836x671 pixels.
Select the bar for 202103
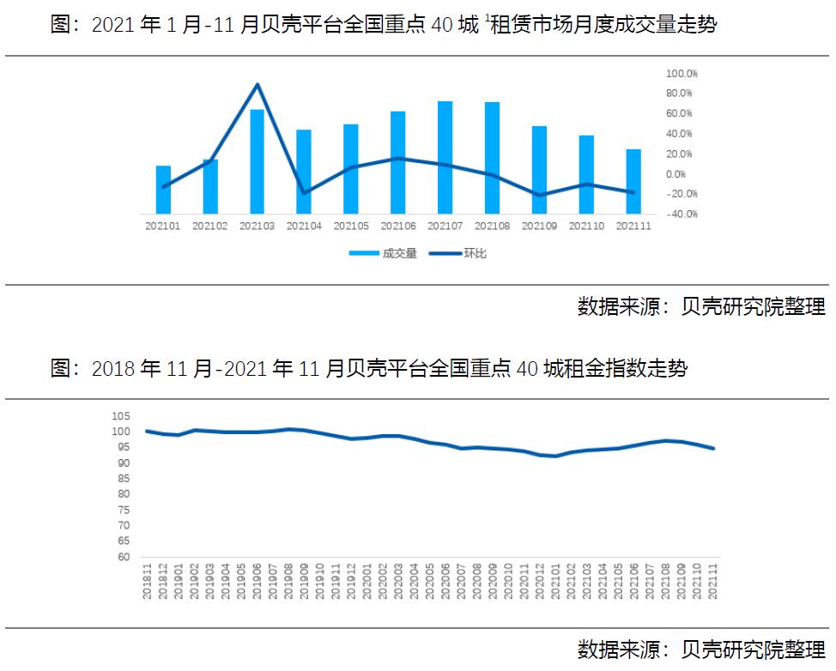257,161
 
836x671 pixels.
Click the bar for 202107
445,157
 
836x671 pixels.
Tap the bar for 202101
163,190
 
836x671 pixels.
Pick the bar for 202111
633,181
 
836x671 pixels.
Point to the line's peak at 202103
257,84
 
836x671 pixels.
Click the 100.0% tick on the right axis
682,73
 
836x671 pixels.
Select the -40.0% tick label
682,214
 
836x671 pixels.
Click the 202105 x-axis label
351,227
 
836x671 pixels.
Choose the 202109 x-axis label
539,227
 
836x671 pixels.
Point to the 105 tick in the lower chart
120,416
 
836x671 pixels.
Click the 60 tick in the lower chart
123,557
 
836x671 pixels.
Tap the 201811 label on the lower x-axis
148,583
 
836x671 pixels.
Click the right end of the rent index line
713,448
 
